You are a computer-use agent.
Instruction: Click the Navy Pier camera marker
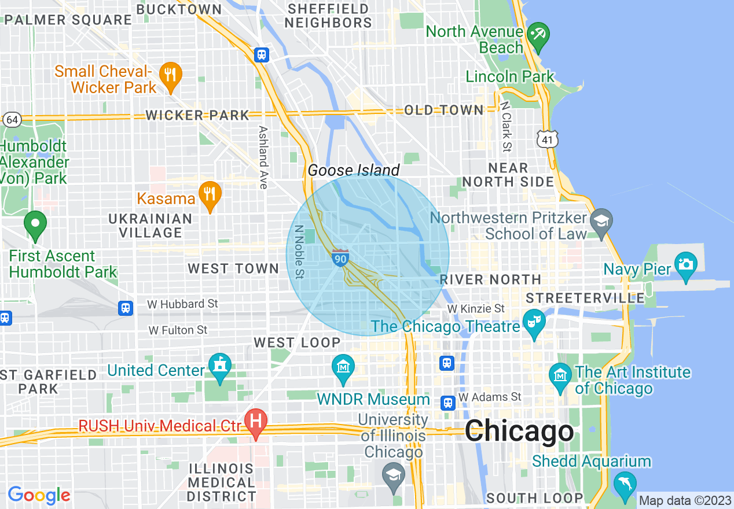685,263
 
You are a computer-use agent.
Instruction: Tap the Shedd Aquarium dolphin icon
625,482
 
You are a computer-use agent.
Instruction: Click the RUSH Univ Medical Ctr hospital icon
255,419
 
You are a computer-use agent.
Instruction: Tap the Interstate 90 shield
340,259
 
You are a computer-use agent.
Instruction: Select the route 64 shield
12,120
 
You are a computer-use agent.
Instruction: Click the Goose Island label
353,170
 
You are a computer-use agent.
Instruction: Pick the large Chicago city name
519,431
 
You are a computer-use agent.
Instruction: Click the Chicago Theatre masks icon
533,320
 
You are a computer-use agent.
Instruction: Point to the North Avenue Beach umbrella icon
538,33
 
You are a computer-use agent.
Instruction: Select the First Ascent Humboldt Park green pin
35,223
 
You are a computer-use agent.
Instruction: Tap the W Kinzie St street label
476,309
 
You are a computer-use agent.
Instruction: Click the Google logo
39,495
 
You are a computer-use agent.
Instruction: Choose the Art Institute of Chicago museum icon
560,374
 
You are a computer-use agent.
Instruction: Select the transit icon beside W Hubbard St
126,308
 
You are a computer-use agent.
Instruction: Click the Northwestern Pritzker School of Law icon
601,220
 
